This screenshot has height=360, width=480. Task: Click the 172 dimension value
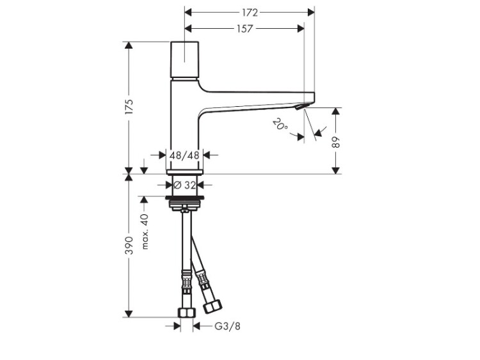[250, 13]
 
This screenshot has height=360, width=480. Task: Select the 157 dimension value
[245, 29]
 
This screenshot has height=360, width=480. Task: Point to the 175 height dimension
[129, 106]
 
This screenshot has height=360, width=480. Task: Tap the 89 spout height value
[336, 142]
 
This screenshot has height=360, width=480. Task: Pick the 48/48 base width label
[184, 155]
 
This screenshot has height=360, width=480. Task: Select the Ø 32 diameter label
[184, 185]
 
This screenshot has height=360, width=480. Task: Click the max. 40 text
[145, 231]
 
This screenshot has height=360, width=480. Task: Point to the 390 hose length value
[129, 246]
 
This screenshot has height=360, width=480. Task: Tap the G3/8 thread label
[227, 326]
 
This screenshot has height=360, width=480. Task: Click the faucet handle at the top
[184, 59]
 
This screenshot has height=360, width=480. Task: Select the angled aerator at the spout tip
[301, 107]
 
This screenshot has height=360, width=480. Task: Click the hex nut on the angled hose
[213, 306]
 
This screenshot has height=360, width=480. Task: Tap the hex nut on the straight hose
[186, 313]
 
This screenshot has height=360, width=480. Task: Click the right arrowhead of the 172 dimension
[311, 13]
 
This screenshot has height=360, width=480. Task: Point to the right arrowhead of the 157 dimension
[301, 29]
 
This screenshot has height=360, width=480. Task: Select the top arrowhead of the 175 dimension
[129, 45]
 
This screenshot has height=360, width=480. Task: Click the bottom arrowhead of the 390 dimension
[129, 313]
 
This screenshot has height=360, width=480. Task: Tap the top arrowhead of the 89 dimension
[336, 111]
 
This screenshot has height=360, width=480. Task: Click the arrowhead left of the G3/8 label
[177, 326]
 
